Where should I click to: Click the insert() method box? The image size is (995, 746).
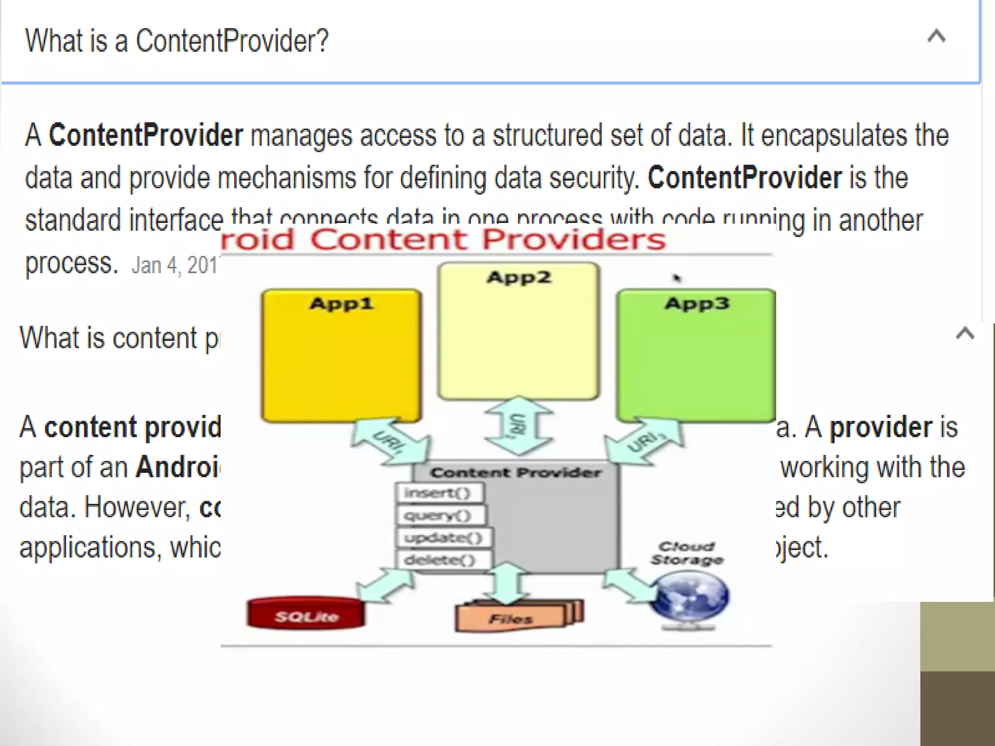coord(440,493)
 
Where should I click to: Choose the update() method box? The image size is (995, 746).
coord(444,538)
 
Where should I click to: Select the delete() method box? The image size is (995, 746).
coord(443,560)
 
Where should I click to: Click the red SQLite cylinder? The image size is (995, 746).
coord(306,613)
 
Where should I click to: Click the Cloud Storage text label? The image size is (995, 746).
coord(687,553)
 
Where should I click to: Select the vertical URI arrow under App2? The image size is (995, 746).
coord(518,426)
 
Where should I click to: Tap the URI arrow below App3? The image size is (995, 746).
coord(645,441)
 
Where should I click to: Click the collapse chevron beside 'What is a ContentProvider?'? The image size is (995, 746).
coord(936,37)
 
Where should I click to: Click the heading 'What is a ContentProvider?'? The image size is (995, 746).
coord(177,41)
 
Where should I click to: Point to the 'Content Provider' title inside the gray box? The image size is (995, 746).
coord(515,473)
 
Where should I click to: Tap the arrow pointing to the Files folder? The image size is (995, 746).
coord(507,583)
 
